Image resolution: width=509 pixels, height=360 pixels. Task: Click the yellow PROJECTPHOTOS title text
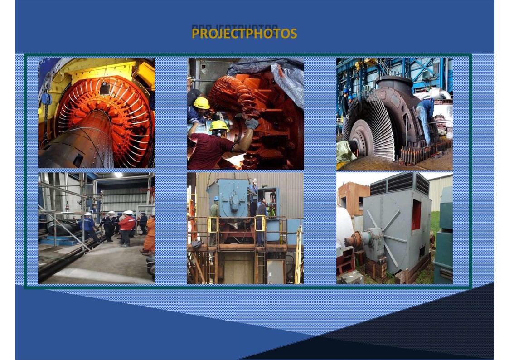[244, 34]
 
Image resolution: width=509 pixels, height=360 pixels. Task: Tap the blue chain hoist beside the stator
[46, 99]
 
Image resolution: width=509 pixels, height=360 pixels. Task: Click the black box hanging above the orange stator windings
[105, 88]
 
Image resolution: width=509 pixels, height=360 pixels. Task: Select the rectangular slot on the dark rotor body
[78, 160]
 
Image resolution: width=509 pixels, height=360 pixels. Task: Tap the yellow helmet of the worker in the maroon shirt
[219, 125]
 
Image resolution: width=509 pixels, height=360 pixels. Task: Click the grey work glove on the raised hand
[252, 123]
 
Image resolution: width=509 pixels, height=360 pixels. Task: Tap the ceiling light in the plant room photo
[118, 175]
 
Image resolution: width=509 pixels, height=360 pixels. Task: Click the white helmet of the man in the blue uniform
[87, 214]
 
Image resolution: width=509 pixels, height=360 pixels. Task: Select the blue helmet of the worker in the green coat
[216, 198]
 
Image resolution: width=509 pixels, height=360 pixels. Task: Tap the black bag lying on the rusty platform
[197, 244]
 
